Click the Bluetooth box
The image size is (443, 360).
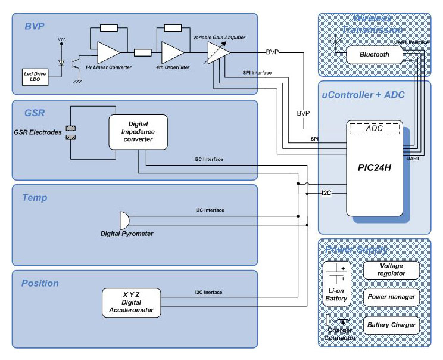coord(375,55)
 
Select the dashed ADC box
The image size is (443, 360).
coord(375,129)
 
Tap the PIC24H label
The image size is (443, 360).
coord(374,167)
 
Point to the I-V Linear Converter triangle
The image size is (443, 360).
coord(107,52)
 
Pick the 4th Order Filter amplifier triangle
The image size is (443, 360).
coord(172,52)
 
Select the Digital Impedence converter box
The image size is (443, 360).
coord(138,131)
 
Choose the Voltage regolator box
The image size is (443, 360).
coord(391,270)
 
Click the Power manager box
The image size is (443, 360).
coord(391,296)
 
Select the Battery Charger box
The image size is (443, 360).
coord(391,325)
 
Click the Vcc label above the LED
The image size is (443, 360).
coord(61,39)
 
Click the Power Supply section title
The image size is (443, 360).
coord(356,249)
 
